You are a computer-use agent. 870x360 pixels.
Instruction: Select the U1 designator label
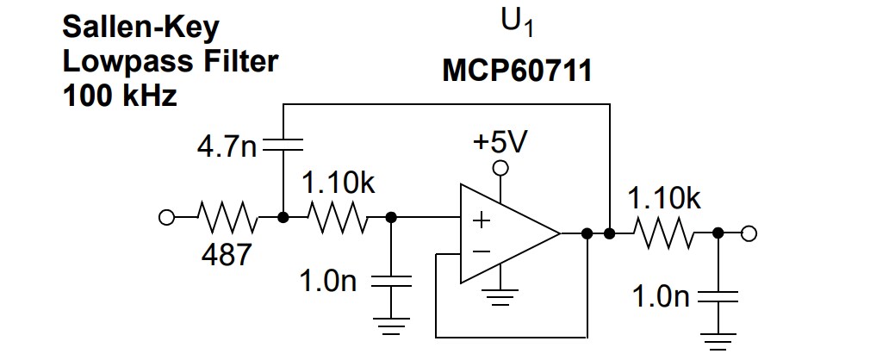[x=517, y=23]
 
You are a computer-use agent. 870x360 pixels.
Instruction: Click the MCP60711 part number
[x=517, y=70]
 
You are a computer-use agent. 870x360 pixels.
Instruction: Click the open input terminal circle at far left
[x=166, y=218]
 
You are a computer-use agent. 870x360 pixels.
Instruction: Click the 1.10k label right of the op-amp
[x=663, y=199]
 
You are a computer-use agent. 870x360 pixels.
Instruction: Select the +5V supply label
[x=500, y=140]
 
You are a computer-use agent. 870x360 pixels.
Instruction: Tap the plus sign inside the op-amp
[x=481, y=220]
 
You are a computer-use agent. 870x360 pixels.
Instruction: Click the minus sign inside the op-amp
[x=481, y=252]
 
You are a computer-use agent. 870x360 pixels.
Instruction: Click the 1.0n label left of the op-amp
[x=327, y=282]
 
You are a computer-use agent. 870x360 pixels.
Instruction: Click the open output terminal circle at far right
[x=749, y=233]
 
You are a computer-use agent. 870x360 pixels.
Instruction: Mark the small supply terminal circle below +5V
[x=500, y=167]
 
